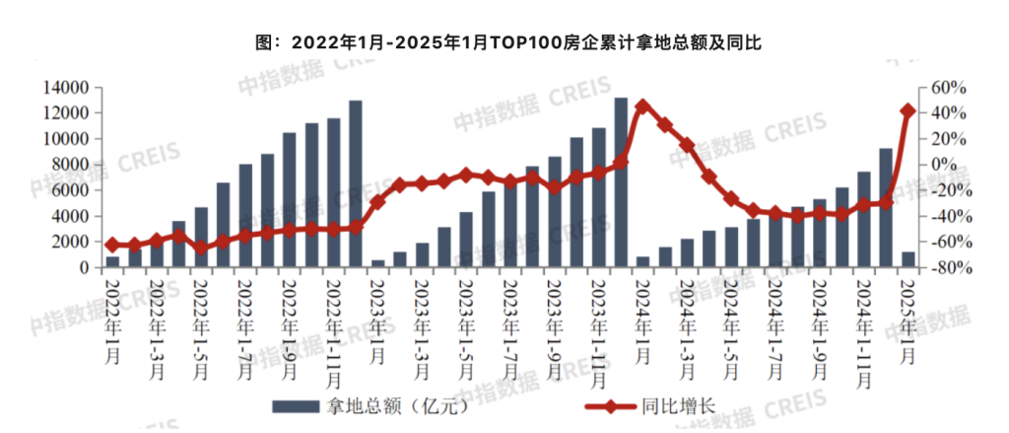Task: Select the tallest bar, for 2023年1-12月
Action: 621,182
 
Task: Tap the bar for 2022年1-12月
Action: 355,183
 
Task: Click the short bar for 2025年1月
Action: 908,259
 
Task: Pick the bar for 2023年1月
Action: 377,263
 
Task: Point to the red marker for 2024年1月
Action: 642,106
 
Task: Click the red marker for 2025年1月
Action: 908,110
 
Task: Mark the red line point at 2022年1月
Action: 112,245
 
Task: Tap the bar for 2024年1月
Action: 642,261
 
